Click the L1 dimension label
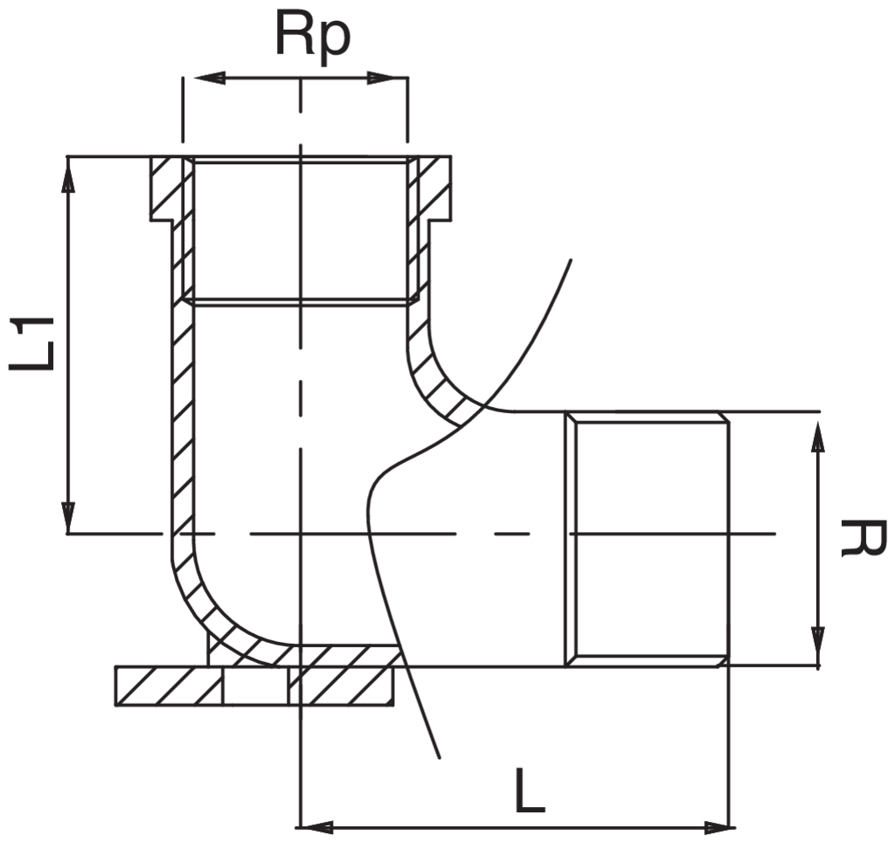[x=33, y=343]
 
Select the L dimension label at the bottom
[x=530, y=791]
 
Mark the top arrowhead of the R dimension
[x=817, y=432]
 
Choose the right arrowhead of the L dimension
[x=717, y=826]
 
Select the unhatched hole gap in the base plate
[x=256, y=687]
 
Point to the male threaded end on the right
[x=647, y=538]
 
